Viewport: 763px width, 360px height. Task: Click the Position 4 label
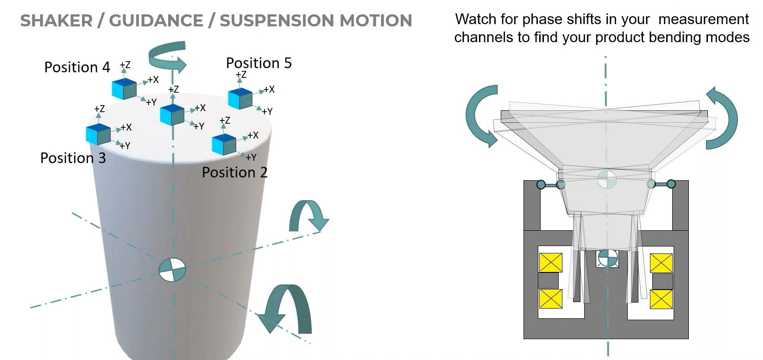coord(77,68)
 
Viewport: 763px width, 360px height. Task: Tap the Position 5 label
coord(259,63)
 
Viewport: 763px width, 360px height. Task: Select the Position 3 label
coord(73,158)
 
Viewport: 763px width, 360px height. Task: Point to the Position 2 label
coord(234,173)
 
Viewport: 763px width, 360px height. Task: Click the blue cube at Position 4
coord(124,89)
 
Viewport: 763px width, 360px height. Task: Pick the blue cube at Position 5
coord(240,99)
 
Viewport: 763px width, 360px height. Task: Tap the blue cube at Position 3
coord(98,134)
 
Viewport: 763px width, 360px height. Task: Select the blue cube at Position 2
coord(224,144)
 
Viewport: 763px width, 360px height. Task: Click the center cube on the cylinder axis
coord(171,114)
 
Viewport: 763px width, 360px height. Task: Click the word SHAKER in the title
coord(56,21)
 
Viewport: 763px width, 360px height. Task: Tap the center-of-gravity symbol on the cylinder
coord(172,270)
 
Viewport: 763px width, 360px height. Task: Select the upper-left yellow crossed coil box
coord(550,263)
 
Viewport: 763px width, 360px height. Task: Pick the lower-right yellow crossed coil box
coord(661,299)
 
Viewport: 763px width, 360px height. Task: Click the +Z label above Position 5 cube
coord(241,75)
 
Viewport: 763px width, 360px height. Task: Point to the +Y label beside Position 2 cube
coord(251,158)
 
